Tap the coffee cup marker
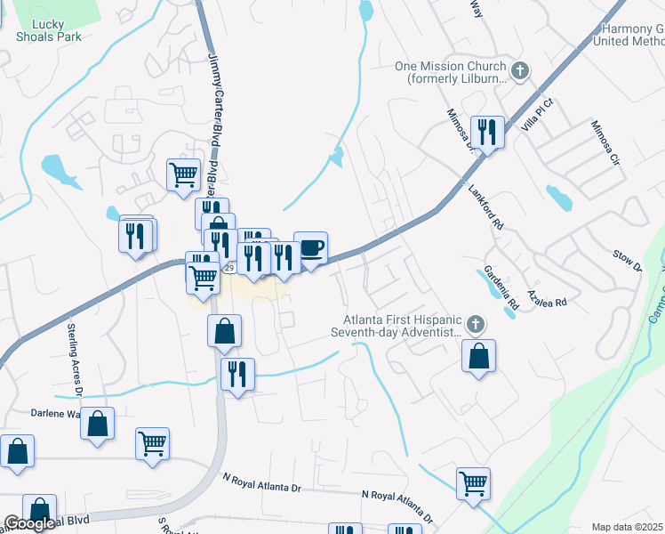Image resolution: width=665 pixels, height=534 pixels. (x=310, y=247)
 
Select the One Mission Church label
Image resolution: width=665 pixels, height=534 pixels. (x=451, y=71)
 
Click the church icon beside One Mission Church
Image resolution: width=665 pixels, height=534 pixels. (x=520, y=69)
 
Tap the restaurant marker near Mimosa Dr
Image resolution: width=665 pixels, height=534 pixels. (x=487, y=133)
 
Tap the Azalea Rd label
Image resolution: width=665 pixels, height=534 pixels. (x=547, y=297)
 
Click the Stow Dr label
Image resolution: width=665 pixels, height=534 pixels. (x=626, y=261)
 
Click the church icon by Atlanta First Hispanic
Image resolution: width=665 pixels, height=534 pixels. (x=476, y=323)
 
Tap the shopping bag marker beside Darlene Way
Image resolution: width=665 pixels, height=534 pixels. (x=98, y=425)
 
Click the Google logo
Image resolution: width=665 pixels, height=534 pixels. (x=28, y=523)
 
